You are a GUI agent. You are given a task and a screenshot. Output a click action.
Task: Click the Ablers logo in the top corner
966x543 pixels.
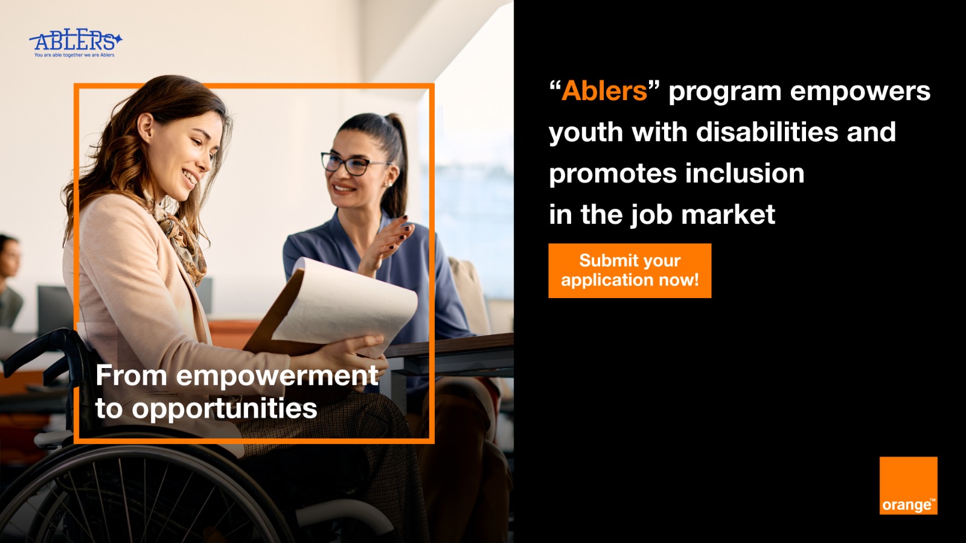point(75,43)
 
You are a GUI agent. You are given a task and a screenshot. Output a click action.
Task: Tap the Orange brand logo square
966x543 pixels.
point(908,486)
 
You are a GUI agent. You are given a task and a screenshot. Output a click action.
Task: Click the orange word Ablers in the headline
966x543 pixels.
point(604,91)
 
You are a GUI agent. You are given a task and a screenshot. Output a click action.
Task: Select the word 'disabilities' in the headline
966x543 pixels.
point(767,132)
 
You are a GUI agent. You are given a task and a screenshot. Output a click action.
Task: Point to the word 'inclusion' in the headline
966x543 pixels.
point(745,173)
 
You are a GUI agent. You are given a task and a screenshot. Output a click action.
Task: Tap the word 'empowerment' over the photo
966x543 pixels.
point(277,376)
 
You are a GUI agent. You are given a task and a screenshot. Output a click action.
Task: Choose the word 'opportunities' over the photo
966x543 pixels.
point(224,408)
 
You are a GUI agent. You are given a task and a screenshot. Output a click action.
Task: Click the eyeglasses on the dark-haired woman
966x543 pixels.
point(351,164)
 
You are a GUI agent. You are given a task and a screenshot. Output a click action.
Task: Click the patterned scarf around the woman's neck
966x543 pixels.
point(181,241)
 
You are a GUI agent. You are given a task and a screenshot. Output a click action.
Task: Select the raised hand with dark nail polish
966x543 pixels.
point(386,244)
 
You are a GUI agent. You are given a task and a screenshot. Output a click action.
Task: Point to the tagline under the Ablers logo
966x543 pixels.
point(75,55)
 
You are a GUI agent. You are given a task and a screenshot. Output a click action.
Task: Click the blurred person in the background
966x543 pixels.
point(10,280)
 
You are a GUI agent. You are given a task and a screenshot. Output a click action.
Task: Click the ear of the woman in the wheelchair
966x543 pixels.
point(146,127)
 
